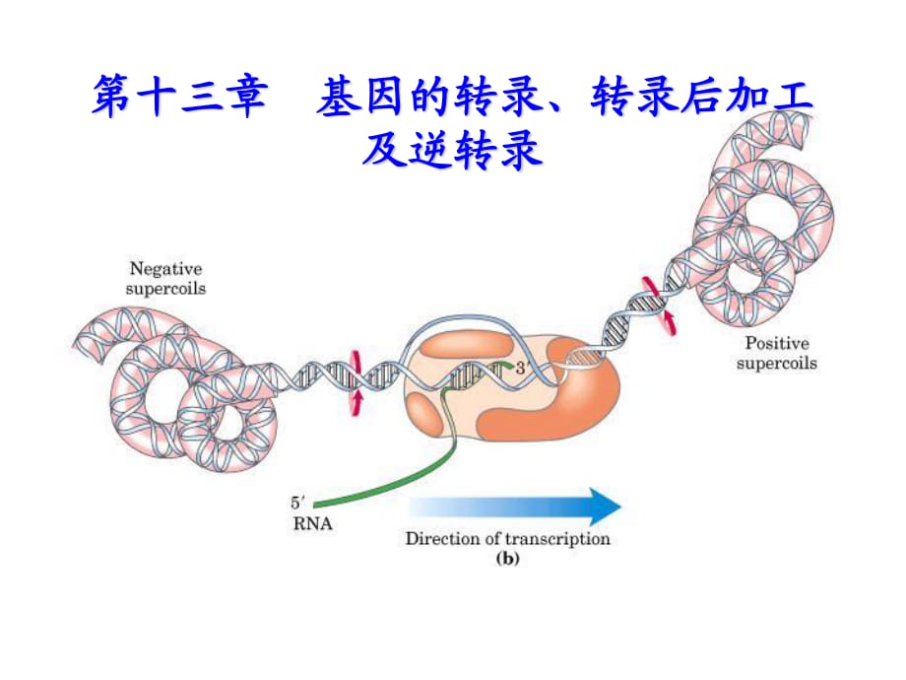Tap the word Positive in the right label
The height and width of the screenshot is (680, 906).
[777, 344]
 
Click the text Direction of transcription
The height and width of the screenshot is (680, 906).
[507, 538]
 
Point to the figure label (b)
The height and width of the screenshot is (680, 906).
[506, 558]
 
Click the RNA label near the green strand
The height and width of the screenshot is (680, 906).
[312, 524]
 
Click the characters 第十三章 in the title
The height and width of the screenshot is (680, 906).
[180, 100]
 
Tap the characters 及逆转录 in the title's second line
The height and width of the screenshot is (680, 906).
[452, 151]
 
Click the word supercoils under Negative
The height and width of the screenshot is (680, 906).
[165, 288]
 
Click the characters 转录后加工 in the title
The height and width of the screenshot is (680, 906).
[703, 100]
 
